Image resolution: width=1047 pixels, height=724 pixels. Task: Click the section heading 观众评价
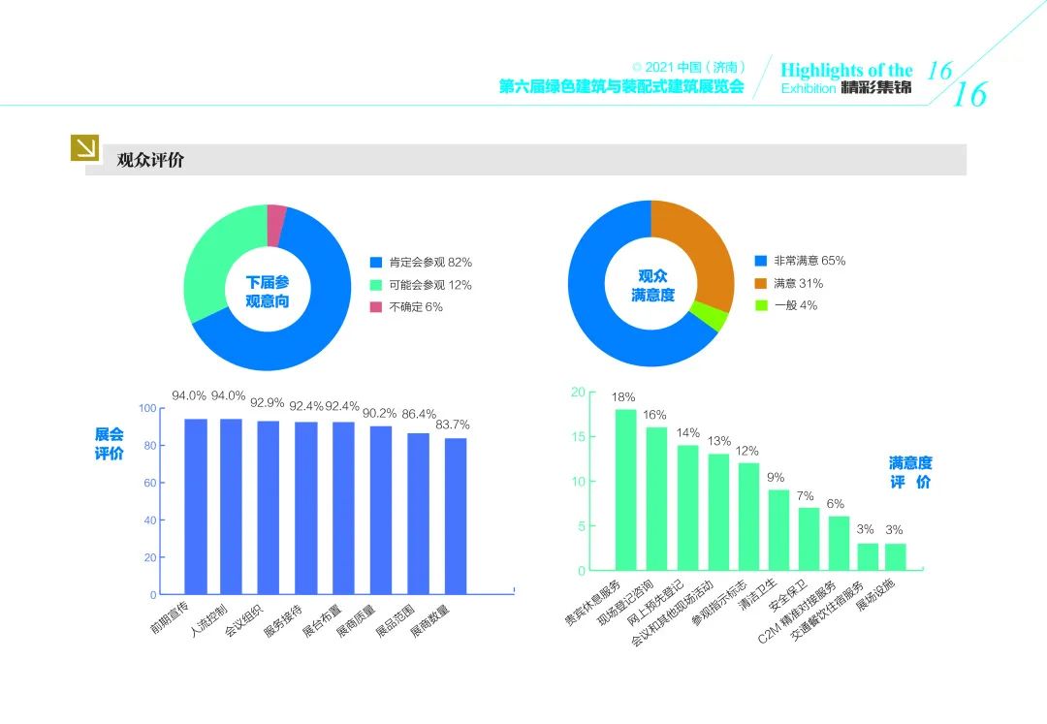150,160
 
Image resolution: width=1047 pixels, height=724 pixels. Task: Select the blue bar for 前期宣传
196,506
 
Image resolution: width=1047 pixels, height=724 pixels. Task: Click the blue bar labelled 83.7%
456,516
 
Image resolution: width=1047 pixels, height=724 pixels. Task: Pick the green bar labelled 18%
626,489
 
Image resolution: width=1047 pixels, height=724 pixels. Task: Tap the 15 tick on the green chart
579,437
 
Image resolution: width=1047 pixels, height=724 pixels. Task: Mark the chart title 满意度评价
909,473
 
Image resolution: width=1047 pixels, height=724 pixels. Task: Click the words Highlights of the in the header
846,70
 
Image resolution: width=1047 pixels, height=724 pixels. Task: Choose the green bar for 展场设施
896,557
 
